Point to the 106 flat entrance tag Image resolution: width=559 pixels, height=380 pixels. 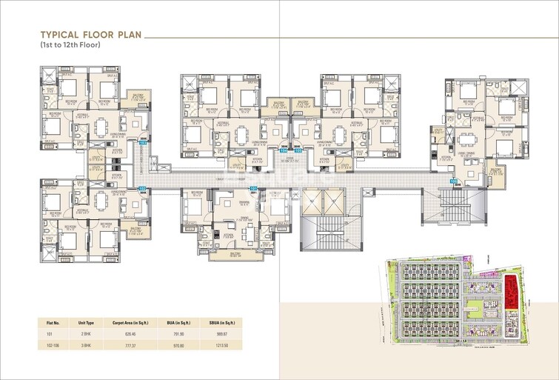[452, 180]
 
